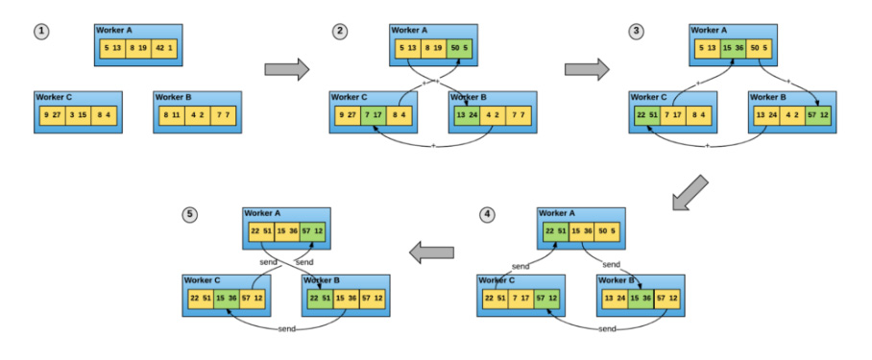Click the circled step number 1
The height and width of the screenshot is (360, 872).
41,32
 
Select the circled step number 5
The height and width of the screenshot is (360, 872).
189,214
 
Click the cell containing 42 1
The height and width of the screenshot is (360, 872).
164,49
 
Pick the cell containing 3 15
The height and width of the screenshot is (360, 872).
79,115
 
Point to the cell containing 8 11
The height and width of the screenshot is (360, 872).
171,115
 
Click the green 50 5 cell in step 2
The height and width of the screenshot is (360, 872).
459,49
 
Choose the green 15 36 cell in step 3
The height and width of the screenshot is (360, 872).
735,49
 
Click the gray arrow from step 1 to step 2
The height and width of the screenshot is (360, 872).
287,69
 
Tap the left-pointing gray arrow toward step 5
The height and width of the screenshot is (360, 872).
431,252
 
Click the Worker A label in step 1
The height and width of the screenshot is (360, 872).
116,31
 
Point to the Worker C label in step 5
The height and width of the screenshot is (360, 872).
203,280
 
